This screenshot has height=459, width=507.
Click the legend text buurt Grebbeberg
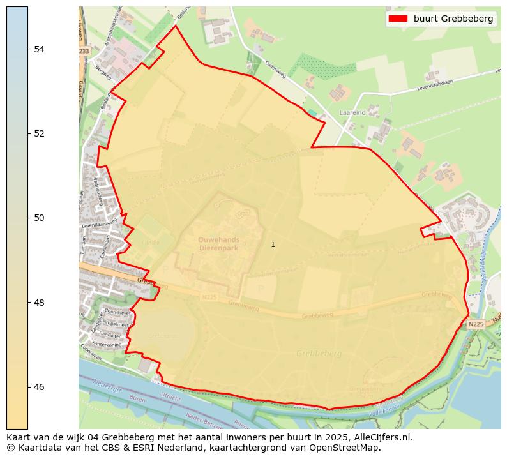coord(453,19)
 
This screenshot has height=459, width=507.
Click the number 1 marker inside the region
coord(273,245)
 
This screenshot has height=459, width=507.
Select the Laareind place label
coord(352,112)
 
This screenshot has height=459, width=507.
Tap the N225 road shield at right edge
coord(476,324)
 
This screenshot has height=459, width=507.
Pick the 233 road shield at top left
coord(84,51)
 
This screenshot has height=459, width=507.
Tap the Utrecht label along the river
coord(170,396)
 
